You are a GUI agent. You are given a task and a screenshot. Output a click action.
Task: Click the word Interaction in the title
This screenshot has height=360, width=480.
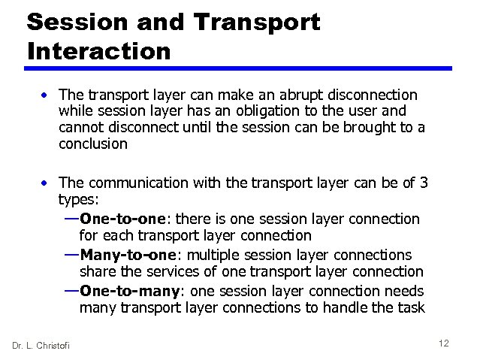pyautogui.click(x=98, y=51)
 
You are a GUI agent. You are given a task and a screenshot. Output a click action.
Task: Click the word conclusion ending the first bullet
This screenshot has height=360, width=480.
pyautogui.click(x=93, y=143)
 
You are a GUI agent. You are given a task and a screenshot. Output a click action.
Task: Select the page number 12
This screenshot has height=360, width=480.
pyautogui.click(x=443, y=343)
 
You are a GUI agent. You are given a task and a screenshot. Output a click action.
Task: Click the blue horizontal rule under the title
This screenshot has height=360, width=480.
pyautogui.click(x=240, y=68)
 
